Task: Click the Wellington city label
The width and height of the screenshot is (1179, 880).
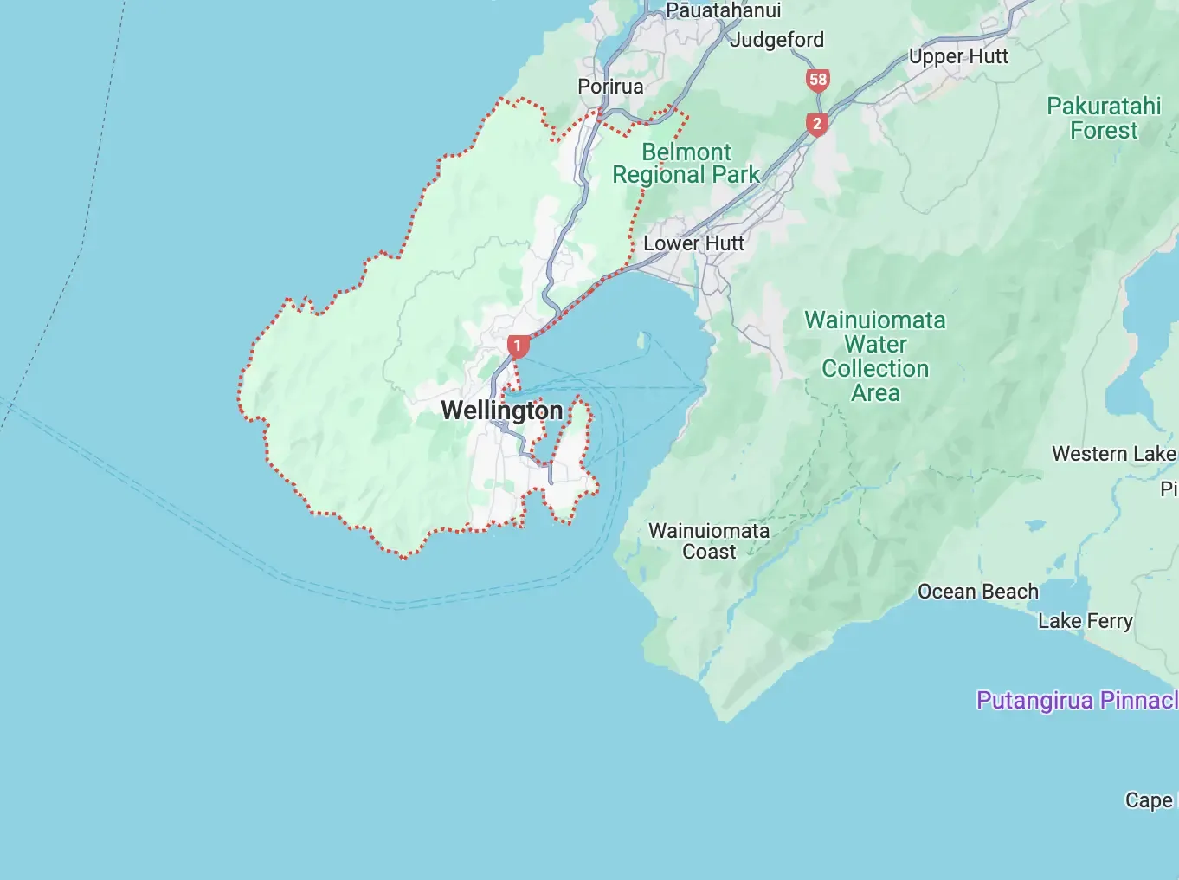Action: click(502, 411)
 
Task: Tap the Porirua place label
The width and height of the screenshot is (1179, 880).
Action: click(610, 87)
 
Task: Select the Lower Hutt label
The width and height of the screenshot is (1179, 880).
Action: click(693, 243)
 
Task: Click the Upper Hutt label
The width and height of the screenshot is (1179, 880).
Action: click(958, 56)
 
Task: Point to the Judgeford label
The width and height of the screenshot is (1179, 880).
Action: click(777, 40)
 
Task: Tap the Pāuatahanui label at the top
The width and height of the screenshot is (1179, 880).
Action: click(723, 10)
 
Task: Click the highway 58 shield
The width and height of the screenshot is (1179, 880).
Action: click(817, 81)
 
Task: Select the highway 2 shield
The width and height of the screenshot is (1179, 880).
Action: click(816, 125)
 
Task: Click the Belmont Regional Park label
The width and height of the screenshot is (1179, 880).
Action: click(686, 164)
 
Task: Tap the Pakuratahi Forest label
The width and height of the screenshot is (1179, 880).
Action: click(1104, 119)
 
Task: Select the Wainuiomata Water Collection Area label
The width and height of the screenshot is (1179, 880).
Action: click(875, 357)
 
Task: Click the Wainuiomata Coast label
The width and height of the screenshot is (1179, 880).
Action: click(709, 541)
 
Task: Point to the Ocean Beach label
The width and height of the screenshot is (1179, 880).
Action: click(977, 592)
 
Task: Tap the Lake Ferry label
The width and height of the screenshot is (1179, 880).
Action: click(1085, 621)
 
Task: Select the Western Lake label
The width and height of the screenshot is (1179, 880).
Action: click(1113, 454)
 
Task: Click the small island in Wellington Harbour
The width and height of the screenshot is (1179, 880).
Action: click(643, 340)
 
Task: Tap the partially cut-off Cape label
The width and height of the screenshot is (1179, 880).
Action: click(1150, 800)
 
